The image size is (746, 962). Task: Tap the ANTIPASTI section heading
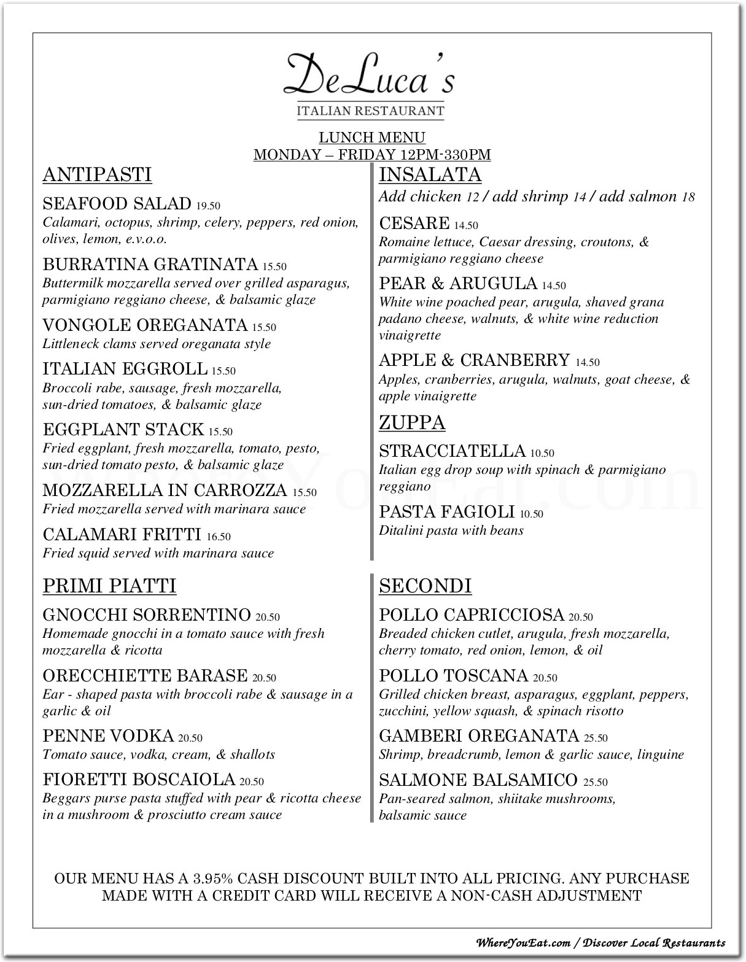pyautogui.click(x=97, y=175)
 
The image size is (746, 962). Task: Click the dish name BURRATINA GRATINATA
pyautogui.click(x=150, y=265)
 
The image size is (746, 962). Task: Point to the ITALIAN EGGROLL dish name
pyautogui.click(x=125, y=369)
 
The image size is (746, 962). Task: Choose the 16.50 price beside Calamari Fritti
pyautogui.click(x=219, y=537)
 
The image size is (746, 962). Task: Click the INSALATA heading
pyautogui.click(x=430, y=175)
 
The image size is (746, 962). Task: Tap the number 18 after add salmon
pyautogui.click(x=688, y=197)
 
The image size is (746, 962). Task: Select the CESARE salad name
pyautogui.click(x=414, y=223)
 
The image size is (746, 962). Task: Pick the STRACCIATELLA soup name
pyautogui.click(x=452, y=451)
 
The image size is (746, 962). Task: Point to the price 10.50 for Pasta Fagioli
pyautogui.click(x=531, y=514)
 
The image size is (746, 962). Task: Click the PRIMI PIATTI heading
pyautogui.click(x=109, y=586)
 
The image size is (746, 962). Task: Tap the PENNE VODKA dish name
pyautogui.click(x=108, y=736)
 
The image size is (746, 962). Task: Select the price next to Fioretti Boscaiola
pyautogui.click(x=252, y=782)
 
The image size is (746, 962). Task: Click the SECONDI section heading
pyautogui.click(x=425, y=586)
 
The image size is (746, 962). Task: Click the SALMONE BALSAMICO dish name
pyautogui.click(x=478, y=780)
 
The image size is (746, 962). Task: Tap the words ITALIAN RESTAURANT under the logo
pyautogui.click(x=370, y=111)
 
